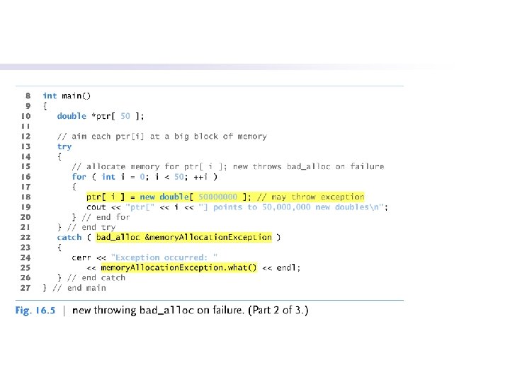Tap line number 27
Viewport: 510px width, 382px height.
coord(25,288)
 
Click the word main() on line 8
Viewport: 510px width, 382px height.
coord(76,95)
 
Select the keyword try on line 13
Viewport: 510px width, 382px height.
coord(64,146)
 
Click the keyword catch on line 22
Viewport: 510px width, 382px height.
coord(69,238)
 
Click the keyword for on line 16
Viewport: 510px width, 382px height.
coord(79,177)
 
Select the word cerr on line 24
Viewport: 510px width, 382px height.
coord(81,257)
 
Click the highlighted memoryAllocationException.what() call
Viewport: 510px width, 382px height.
coord(178,268)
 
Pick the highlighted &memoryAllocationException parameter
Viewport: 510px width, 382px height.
coord(208,238)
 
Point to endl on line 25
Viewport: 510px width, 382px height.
coord(288,268)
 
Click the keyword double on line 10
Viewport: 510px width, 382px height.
coord(72,116)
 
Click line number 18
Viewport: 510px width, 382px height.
coord(25,197)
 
